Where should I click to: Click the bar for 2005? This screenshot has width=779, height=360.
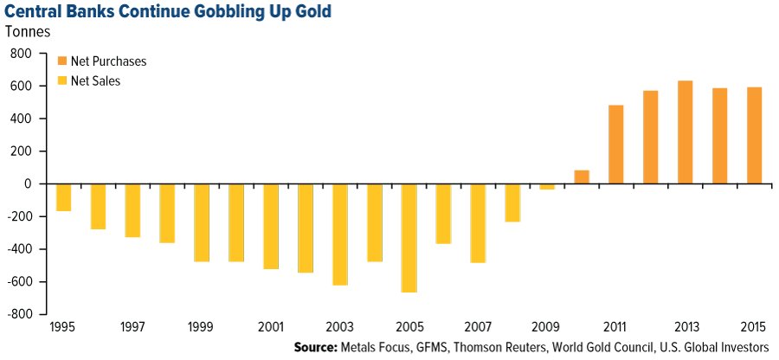tap(408, 238)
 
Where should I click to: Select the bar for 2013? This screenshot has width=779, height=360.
tap(685, 132)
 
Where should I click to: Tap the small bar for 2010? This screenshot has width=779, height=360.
tap(581, 177)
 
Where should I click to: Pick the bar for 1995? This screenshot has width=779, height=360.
tap(62, 197)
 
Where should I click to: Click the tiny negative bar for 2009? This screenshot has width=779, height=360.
tap(546, 186)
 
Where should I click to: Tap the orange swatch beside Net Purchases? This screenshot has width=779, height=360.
tap(62, 62)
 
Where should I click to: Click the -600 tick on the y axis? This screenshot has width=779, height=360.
tap(19, 282)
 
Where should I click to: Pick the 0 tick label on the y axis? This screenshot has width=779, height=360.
tap(29, 184)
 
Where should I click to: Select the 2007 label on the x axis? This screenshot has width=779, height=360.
tap(477, 329)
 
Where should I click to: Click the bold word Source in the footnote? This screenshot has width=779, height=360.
tap(319, 348)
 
